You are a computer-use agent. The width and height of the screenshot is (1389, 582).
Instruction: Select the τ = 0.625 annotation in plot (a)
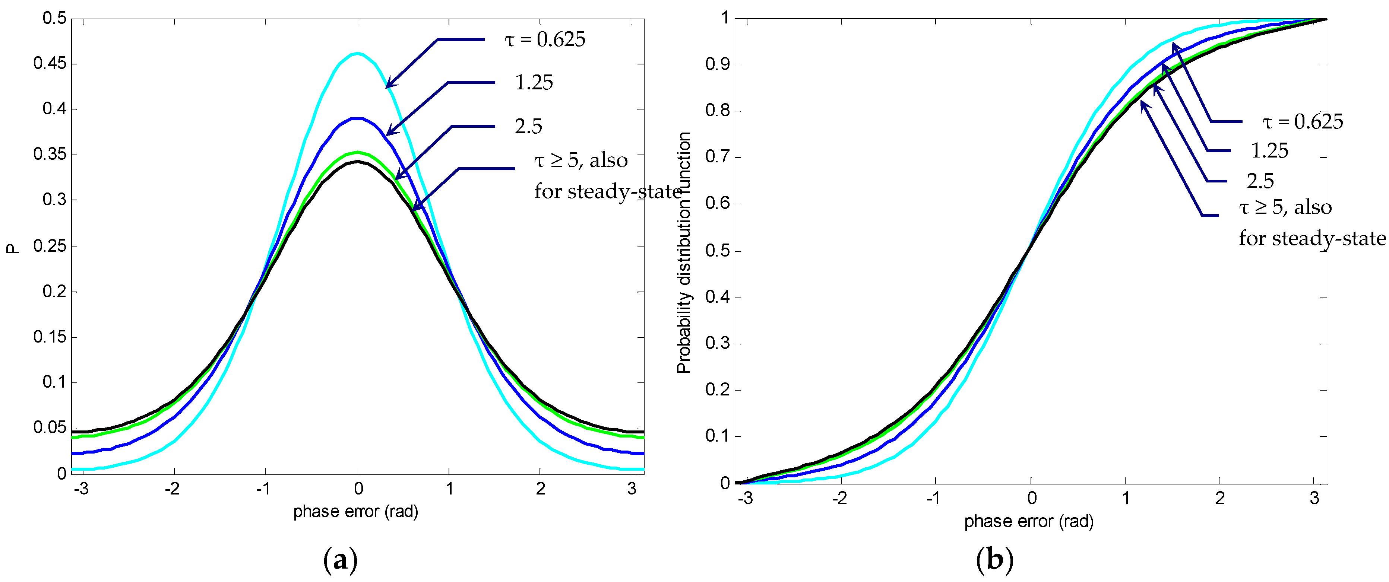(545, 39)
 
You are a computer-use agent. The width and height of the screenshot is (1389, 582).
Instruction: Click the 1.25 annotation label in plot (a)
(534, 82)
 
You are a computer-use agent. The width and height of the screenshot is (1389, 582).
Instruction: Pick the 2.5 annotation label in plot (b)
(1260, 181)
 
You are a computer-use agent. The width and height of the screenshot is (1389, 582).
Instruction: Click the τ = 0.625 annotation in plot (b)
(1302, 122)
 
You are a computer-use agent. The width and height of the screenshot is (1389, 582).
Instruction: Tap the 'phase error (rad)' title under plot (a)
(356, 511)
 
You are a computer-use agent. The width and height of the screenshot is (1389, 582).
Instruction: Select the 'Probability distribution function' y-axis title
(684, 252)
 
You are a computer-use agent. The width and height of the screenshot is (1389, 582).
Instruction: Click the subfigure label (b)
(994, 560)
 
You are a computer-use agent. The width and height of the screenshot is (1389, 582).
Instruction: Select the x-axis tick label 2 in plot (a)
(540, 489)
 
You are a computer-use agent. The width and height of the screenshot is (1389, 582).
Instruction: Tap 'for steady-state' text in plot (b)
(1312, 238)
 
